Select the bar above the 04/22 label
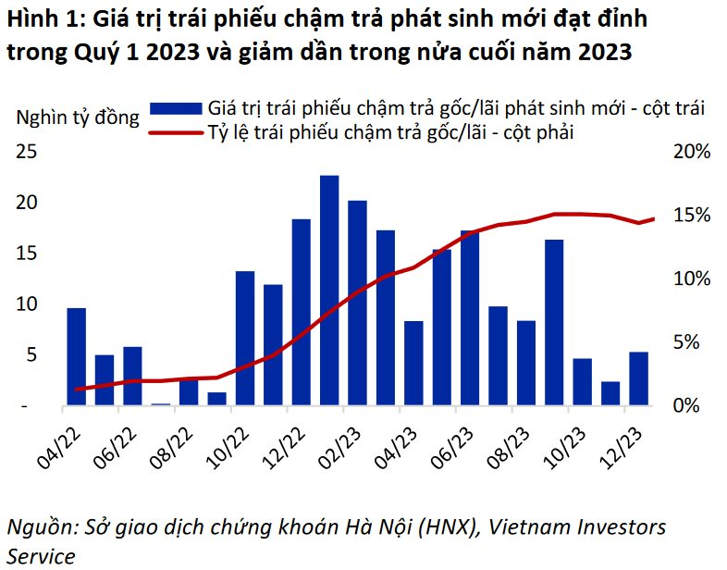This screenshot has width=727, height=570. pyautogui.click(x=77, y=357)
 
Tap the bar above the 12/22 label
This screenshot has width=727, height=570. pyautogui.click(x=301, y=313)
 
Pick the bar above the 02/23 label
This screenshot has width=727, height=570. pyautogui.click(x=357, y=304)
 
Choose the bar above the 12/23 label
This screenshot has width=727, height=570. pyautogui.click(x=638, y=379)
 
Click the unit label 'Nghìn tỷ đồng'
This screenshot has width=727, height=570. pyautogui.click(x=78, y=118)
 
